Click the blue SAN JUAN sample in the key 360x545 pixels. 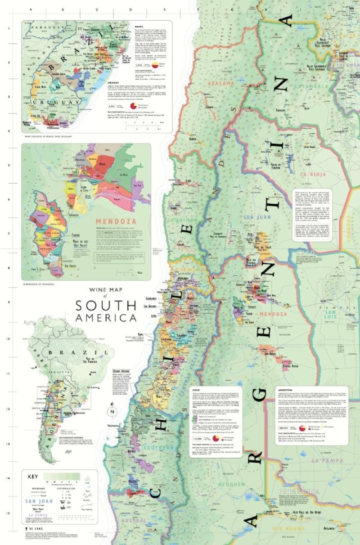coord(40,501)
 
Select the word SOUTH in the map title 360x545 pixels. coord(106,306)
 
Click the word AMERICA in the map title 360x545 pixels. coord(106,318)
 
